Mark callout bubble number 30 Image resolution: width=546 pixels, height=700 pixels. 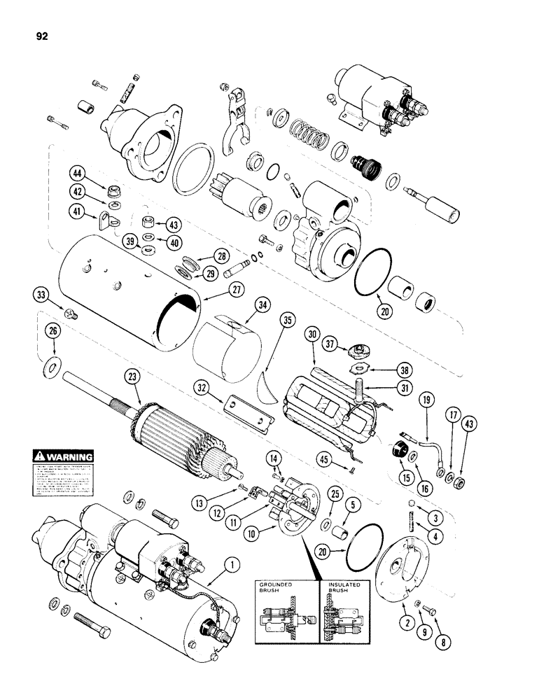pos(311,335)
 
